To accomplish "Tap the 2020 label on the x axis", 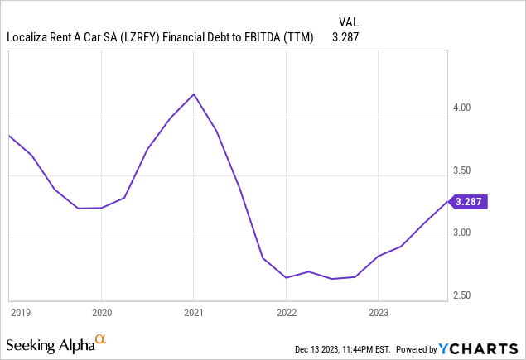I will tap(101, 313).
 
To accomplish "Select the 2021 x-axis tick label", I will tap(193, 313).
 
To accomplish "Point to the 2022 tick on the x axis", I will tap(286, 313).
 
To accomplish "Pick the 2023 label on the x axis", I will tap(378, 313).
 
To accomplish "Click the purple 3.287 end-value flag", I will tap(468, 200).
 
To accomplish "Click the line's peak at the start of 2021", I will tap(193, 94).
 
